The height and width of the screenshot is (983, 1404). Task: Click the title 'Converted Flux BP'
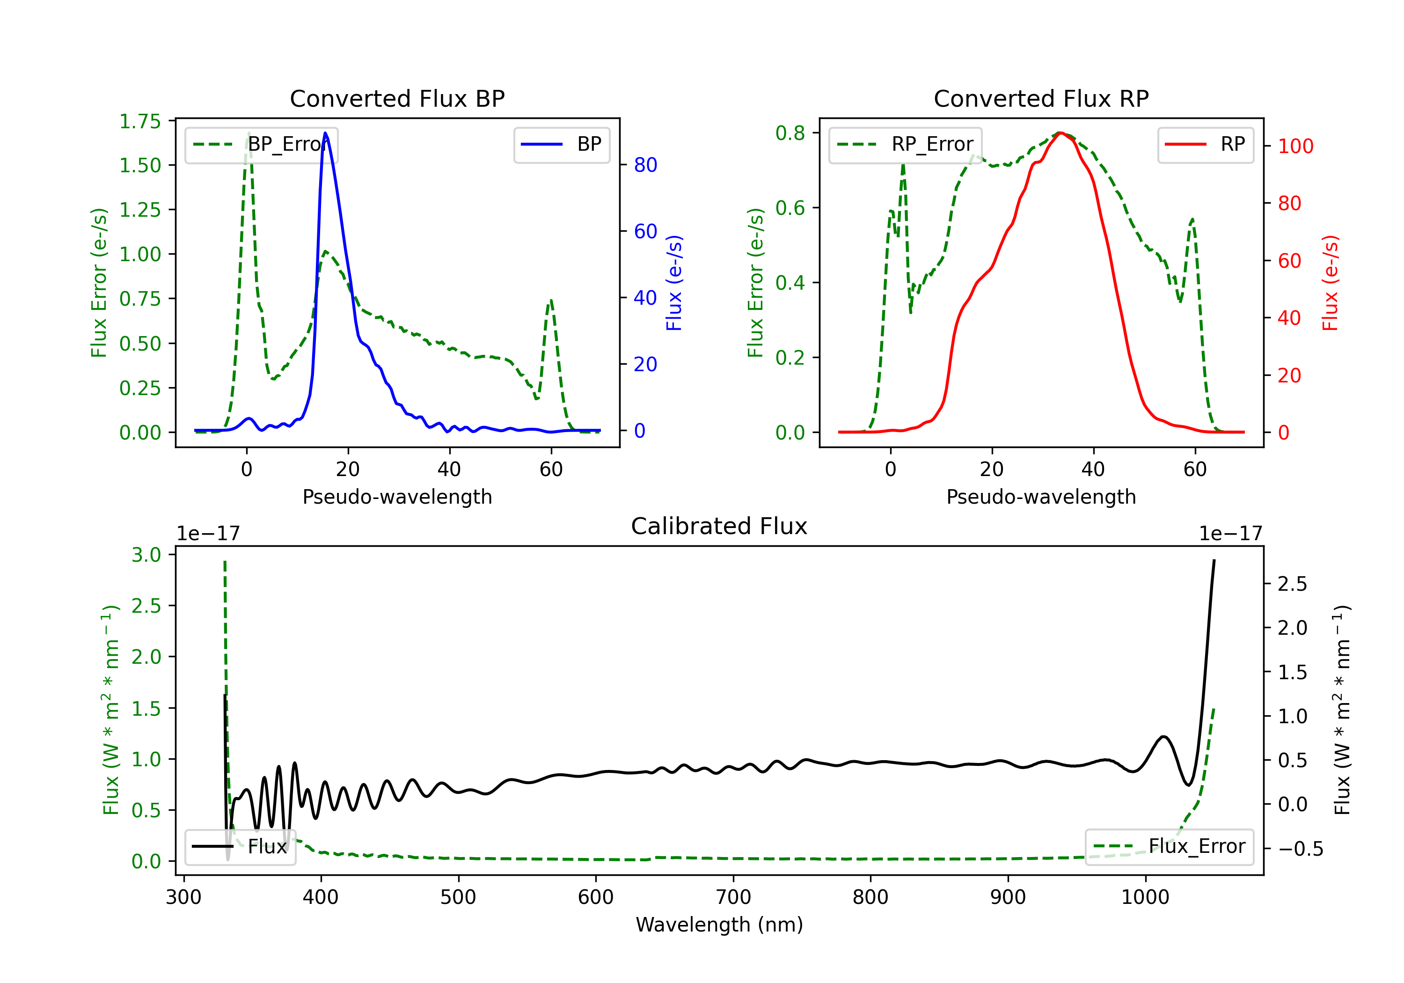tap(397, 98)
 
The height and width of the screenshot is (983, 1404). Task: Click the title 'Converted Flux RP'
tap(1041, 98)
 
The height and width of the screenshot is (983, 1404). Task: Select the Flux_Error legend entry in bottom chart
tap(1169, 847)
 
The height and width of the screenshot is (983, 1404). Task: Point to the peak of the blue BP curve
tap(325, 133)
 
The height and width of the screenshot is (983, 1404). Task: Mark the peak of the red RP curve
tap(1060, 133)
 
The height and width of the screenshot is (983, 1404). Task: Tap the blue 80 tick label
tap(645, 165)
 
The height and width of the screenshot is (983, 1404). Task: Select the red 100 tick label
tap(1295, 146)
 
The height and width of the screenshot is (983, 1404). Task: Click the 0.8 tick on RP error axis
tap(790, 133)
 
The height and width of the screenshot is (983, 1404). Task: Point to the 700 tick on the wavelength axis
tap(733, 897)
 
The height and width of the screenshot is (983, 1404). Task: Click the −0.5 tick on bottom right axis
tap(1300, 849)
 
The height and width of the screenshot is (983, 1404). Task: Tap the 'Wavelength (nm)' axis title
tap(719, 925)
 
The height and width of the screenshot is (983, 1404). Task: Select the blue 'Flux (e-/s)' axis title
tap(674, 283)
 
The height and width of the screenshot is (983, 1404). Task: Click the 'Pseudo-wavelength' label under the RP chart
tap(1041, 497)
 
